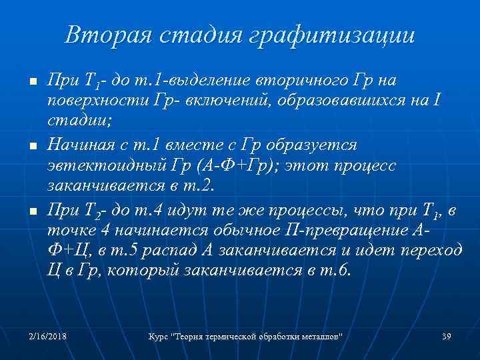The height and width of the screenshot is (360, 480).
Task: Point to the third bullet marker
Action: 23,211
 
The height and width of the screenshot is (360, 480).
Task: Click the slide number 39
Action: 447,335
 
